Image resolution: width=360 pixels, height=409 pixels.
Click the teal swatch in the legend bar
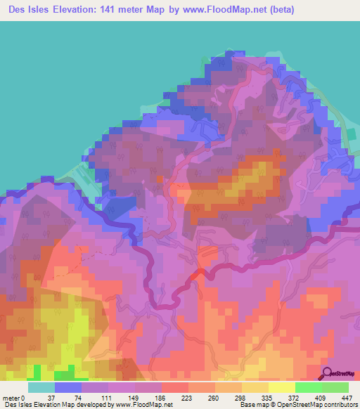41,388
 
